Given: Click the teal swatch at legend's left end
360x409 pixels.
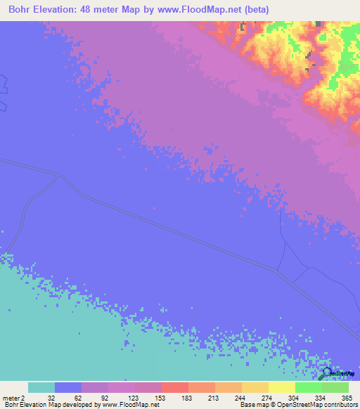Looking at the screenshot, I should pyautogui.click(x=41, y=387).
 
